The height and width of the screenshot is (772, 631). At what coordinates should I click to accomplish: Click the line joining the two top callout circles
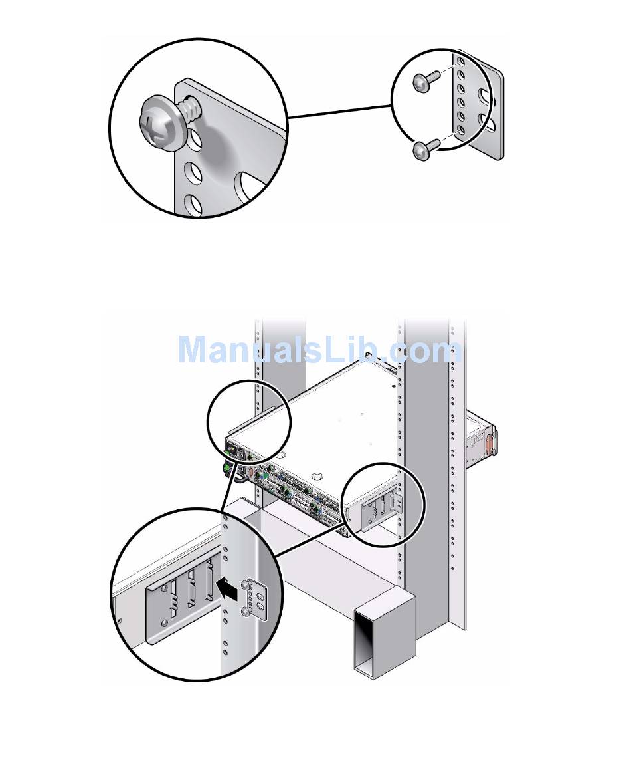339,110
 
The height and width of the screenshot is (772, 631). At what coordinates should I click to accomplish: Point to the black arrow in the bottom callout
226,588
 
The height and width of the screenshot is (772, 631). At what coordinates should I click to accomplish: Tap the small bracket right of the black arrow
258,596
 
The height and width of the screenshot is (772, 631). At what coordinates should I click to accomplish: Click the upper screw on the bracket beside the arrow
248,583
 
